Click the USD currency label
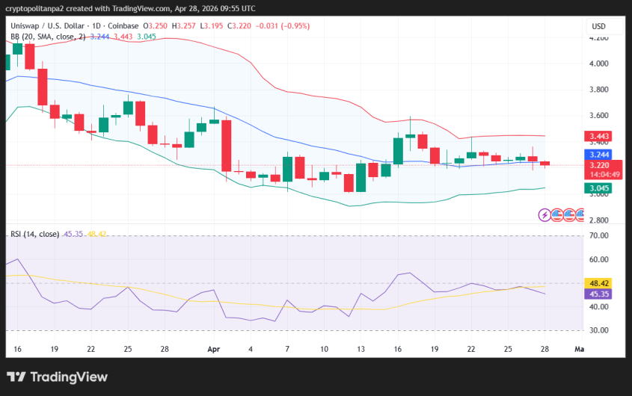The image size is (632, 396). pos(598,26)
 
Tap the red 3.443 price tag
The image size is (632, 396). pos(599,136)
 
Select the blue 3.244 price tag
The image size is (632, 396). pos(599,155)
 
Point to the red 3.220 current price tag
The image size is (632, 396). pos(599,165)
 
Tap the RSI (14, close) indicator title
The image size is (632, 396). pos(34,234)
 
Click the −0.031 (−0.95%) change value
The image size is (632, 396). pos(283,26)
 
